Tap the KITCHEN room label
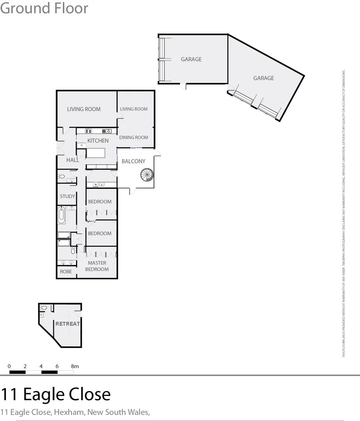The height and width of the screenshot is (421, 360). click(x=98, y=141)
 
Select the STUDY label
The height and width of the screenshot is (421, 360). click(x=67, y=196)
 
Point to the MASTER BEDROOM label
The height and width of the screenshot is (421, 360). click(x=97, y=266)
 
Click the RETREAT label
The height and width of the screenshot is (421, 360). click(x=67, y=324)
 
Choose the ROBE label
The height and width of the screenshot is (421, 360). click(x=66, y=272)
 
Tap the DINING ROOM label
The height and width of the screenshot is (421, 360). click(x=134, y=138)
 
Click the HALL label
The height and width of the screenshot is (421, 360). click(x=72, y=160)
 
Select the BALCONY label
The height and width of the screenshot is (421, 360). click(x=133, y=161)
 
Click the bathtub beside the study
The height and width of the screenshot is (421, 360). click(x=62, y=215)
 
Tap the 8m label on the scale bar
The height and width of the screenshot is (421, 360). click(x=75, y=366)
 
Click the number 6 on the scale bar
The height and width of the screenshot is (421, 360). click(x=57, y=366)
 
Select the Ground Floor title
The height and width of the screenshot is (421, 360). click(x=44, y=8)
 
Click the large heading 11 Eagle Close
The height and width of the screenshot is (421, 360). click(x=55, y=394)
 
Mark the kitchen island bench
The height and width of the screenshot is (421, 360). click(x=96, y=152)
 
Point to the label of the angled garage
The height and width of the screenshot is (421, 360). click(x=263, y=78)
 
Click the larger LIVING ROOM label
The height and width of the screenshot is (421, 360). click(x=84, y=109)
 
